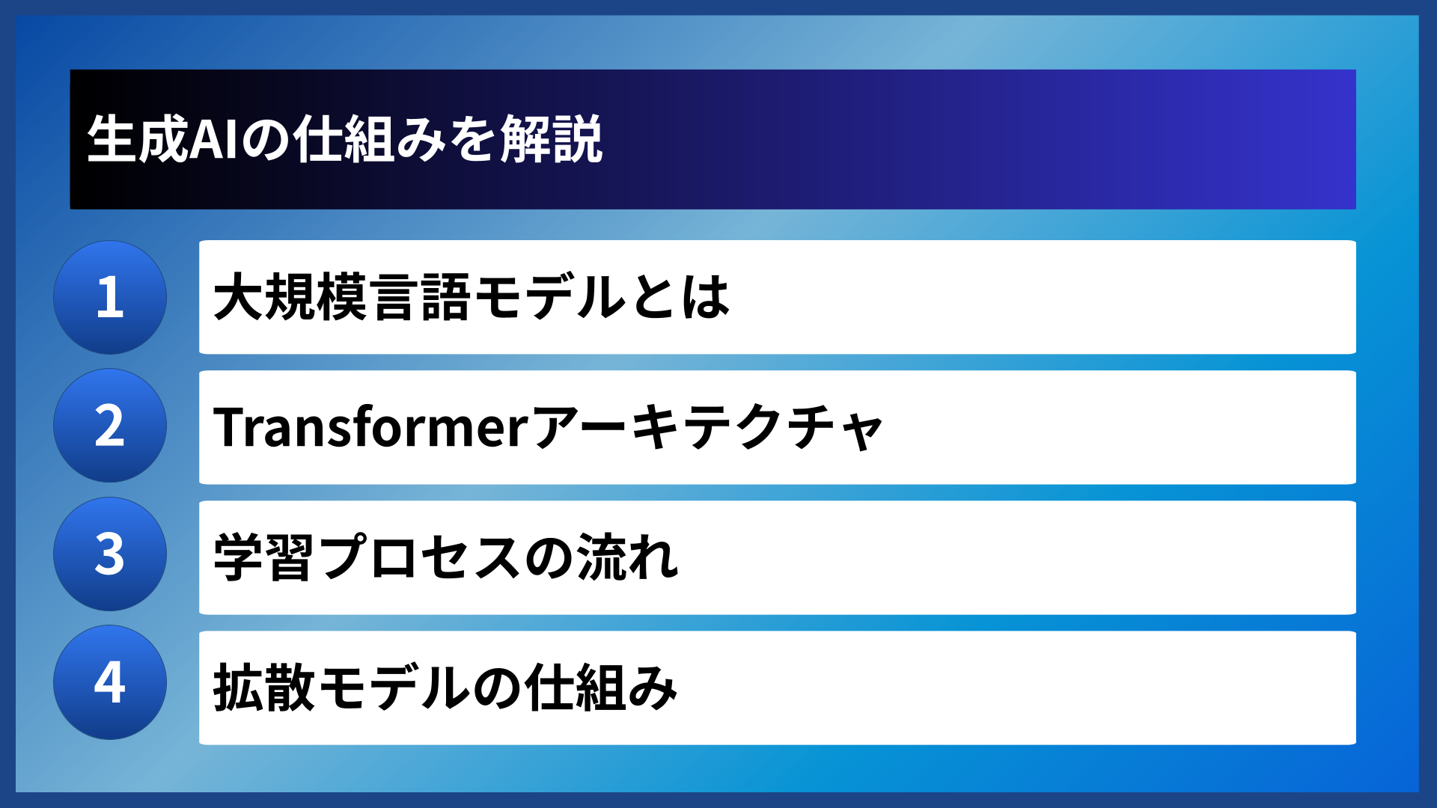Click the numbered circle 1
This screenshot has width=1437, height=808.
pos(110,297)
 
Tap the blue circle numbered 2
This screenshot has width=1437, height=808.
pos(110,426)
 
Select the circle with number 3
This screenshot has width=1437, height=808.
pos(110,554)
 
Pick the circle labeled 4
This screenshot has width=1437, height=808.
pos(110,682)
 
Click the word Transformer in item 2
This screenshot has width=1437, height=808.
pos(371,427)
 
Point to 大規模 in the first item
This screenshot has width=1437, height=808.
pos(290,297)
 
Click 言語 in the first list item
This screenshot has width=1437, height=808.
pos(421,297)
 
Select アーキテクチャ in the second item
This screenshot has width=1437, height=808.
pos(708,427)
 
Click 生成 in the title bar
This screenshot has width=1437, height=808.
pos(138,139)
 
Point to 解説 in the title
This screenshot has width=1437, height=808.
pos(552,139)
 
